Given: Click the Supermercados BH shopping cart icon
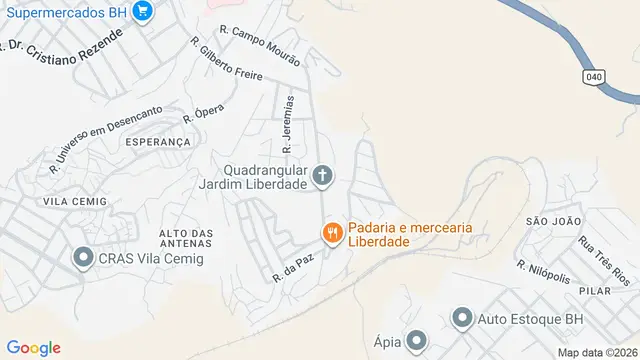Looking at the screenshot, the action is pyautogui.click(x=142, y=12).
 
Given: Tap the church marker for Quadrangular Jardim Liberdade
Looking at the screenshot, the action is pyautogui.click(x=322, y=177).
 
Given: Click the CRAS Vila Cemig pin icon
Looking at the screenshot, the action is pyautogui.click(x=82, y=259).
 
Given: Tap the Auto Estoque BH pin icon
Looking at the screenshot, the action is pyautogui.click(x=462, y=320).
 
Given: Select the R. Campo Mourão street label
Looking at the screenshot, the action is pyautogui.click(x=260, y=45).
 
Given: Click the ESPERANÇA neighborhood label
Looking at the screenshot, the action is pyautogui.click(x=158, y=142).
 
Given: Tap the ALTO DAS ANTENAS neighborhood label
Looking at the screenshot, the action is pyautogui.click(x=186, y=240).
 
